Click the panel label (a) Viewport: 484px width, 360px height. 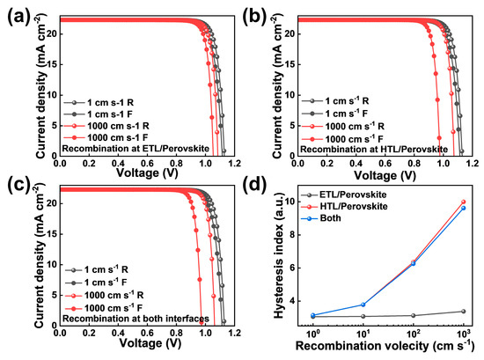coord(15,16)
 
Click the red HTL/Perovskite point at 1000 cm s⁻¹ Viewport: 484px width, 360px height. coord(463,202)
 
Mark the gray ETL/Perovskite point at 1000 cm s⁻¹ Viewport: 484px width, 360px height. coord(463,311)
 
